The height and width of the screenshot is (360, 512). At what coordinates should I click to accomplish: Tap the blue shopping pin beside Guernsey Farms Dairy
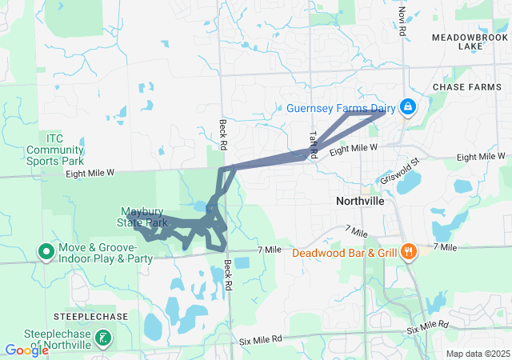[x=408, y=106]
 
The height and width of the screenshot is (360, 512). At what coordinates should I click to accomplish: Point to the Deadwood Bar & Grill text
[x=344, y=254]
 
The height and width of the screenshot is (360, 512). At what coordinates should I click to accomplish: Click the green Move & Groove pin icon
[x=46, y=253]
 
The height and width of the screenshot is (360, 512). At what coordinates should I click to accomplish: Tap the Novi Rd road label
[x=402, y=22]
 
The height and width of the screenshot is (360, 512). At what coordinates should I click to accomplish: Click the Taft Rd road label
[x=314, y=144]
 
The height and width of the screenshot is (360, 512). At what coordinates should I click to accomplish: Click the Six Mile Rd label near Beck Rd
[x=261, y=340]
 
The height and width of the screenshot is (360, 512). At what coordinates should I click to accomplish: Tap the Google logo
[x=26, y=350]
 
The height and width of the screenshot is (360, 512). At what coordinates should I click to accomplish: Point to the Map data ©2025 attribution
[x=477, y=354]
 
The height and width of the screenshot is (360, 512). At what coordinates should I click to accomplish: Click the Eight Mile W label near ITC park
[x=91, y=172]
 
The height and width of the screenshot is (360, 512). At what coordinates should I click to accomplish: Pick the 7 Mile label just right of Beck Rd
[x=270, y=250]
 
